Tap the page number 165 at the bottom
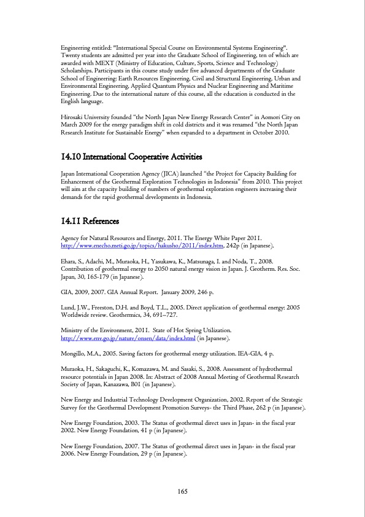coord(182,491)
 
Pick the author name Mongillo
coord(77,355)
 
